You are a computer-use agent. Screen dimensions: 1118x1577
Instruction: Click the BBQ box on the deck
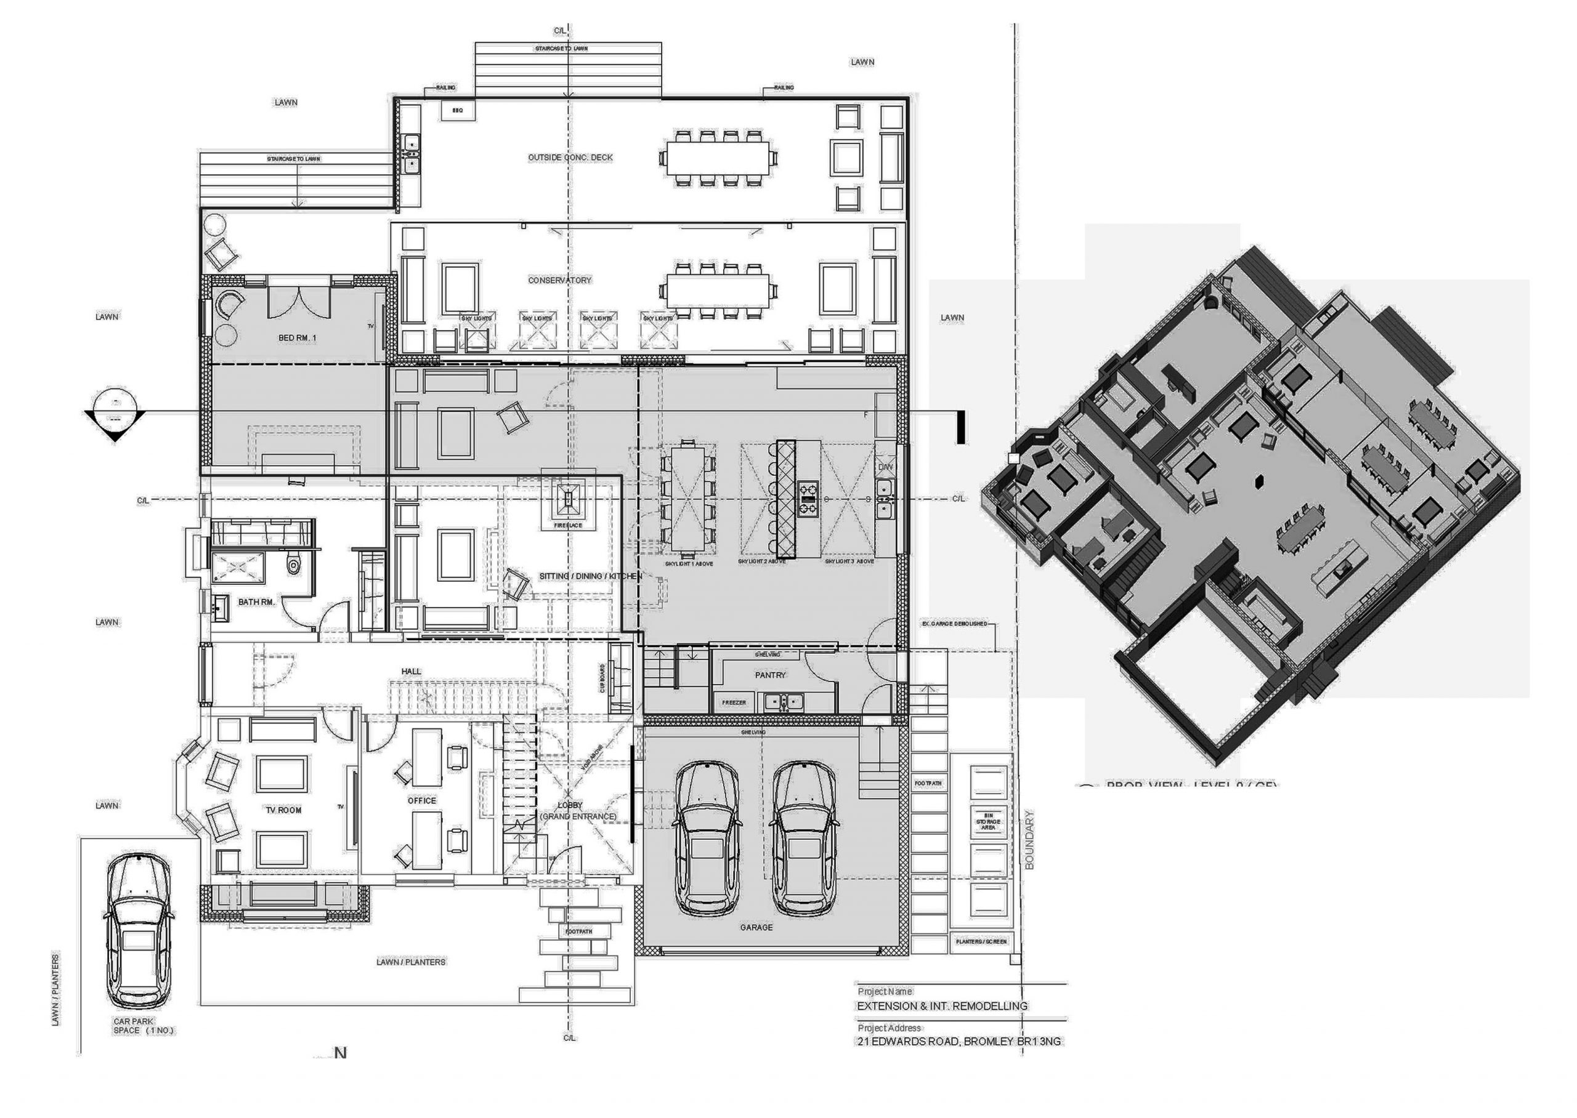[458, 110]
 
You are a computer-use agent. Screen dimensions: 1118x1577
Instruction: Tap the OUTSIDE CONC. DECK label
[570, 158]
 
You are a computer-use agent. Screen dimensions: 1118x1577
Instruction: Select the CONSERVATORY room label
[559, 280]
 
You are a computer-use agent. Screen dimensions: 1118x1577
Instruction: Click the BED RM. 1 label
[297, 338]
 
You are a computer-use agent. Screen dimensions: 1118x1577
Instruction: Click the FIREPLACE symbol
[568, 501]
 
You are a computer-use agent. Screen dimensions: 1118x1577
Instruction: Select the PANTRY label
[770, 675]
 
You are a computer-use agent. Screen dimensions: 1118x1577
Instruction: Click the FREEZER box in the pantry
[734, 703]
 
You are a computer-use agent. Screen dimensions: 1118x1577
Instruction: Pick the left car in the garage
[707, 838]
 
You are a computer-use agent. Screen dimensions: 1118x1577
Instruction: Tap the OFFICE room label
[421, 800]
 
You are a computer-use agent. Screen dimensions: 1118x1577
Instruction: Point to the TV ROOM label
[284, 810]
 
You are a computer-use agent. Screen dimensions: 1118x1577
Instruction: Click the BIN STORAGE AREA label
[987, 822]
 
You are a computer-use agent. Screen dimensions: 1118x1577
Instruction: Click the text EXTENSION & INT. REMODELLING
[942, 1006]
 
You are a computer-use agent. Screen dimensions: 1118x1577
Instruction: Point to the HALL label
[411, 671]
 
